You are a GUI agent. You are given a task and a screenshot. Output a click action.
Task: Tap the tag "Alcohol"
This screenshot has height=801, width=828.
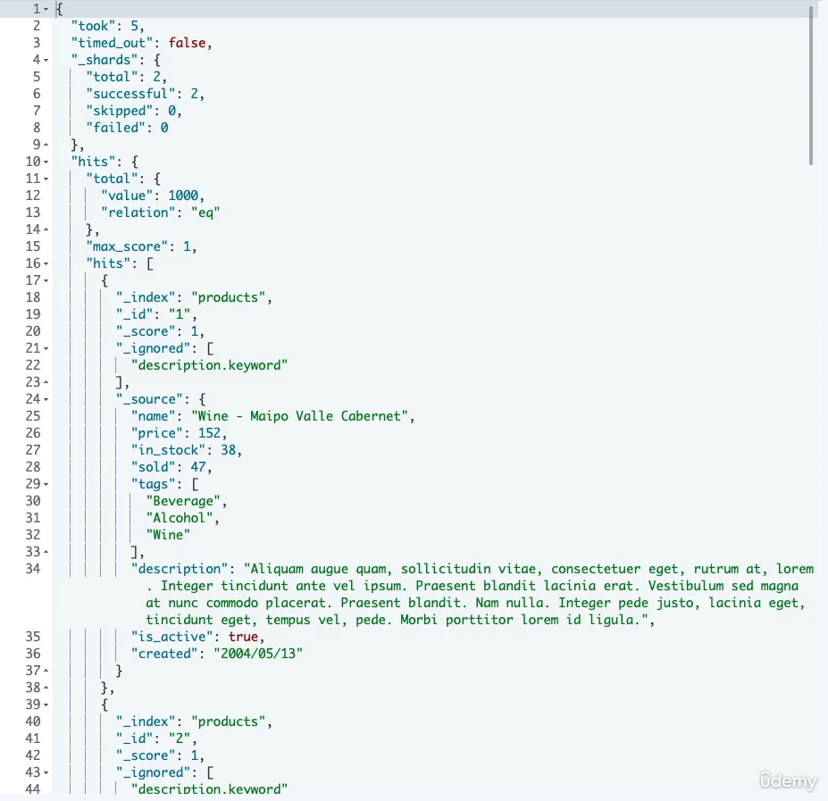click(x=182, y=517)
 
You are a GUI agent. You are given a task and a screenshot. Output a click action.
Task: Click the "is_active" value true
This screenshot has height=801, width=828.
click(x=245, y=636)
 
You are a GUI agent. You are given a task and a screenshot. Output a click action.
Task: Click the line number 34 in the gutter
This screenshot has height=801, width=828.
click(x=33, y=568)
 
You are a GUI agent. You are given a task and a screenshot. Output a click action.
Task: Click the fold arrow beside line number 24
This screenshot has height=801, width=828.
click(x=46, y=399)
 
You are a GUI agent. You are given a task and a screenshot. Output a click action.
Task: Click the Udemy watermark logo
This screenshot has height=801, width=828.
click(x=788, y=781)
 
